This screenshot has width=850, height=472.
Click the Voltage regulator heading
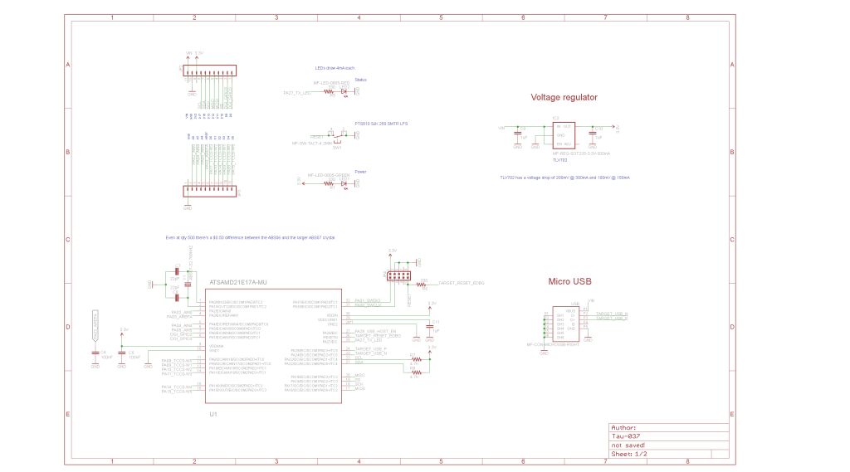[x=564, y=97]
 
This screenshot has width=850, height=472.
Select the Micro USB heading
[x=571, y=281]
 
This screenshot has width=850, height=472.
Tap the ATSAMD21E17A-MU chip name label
[x=238, y=282]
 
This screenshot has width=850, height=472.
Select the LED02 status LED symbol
[x=344, y=93]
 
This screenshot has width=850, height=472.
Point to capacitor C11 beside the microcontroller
[x=430, y=325]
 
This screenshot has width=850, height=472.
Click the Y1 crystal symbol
[x=188, y=284]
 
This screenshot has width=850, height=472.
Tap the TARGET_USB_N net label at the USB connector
[x=612, y=314]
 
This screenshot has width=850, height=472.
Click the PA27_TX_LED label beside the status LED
[x=296, y=93]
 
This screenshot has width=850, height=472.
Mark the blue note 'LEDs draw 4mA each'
[x=335, y=67]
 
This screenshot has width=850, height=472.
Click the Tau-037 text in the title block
[x=626, y=436]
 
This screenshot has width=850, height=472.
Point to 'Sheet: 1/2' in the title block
[x=628, y=454]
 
